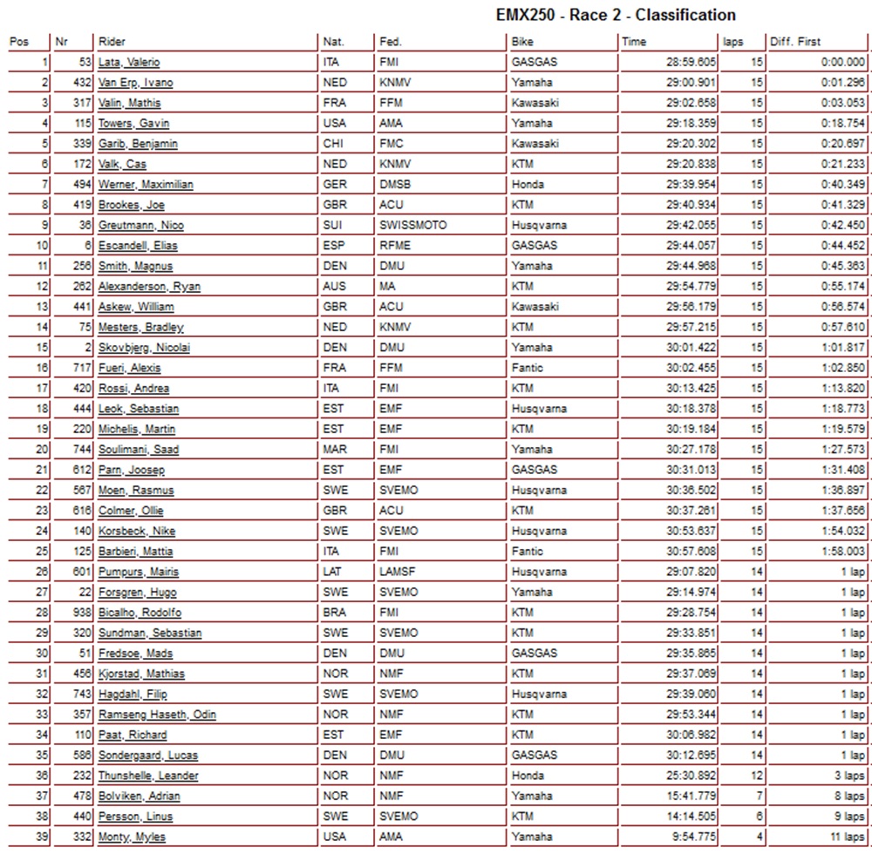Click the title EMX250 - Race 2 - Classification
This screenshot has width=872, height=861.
pyautogui.click(x=615, y=15)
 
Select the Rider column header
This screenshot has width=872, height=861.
pyautogui.click(x=112, y=42)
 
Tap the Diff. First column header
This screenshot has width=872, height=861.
pyautogui.click(x=794, y=42)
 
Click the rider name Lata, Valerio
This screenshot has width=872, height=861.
pyautogui.click(x=129, y=63)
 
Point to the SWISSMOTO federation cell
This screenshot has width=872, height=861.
pyautogui.click(x=412, y=226)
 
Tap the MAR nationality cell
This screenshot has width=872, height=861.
pyautogui.click(x=335, y=450)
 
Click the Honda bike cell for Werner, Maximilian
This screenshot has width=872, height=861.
pyautogui.click(x=528, y=185)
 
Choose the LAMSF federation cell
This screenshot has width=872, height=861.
pyautogui.click(x=399, y=572)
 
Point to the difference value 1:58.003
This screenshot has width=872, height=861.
pyautogui.click(x=842, y=552)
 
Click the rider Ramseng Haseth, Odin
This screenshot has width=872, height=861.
pyautogui.click(x=157, y=715)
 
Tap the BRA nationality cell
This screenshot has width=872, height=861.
pyautogui.click(x=335, y=613)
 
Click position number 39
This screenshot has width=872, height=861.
pyautogui.click(x=42, y=837)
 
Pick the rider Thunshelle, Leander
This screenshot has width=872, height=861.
pyautogui.click(x=148, y=776)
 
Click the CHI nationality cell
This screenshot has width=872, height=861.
pyautogui.click(x=333, y=144)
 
